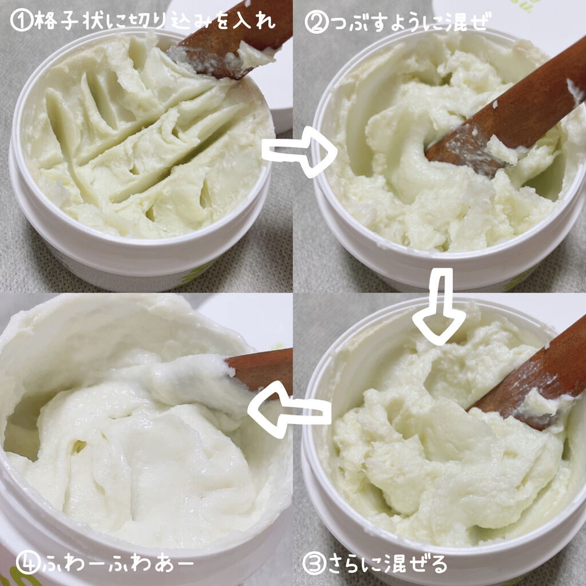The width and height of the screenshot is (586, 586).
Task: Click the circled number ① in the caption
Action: click(x=22, y=20)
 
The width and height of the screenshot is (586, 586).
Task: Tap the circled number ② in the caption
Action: click(x=316, y=22)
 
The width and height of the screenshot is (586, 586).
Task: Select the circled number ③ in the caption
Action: click(x=314, y=564)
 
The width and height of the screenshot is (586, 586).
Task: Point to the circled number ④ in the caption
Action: click(x=28, y=563)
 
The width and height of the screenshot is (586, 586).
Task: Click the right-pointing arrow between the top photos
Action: click(x=299, y=152)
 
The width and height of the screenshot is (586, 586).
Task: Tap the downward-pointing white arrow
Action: click(x=439, y=307)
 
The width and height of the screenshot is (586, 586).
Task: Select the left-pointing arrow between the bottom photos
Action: click(x=289, y=410)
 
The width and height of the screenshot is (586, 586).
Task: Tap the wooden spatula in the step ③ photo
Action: click(x=530, y=378)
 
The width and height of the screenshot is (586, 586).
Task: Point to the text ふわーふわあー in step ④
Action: click(x=118, y=564)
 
